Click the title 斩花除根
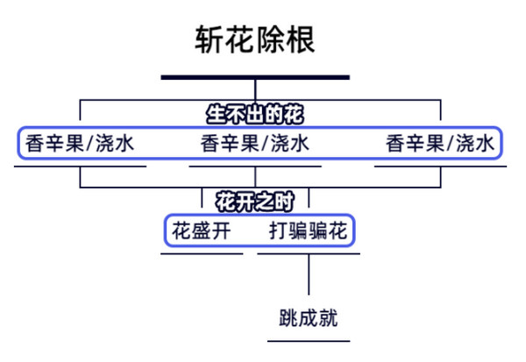254,39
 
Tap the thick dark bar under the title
254,77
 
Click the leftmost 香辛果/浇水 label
80,143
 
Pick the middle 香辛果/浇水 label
254,143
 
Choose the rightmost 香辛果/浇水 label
440,143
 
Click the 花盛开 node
201,231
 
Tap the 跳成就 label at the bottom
308,317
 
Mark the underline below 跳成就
308,338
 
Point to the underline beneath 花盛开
201,254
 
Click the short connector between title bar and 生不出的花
254,89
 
